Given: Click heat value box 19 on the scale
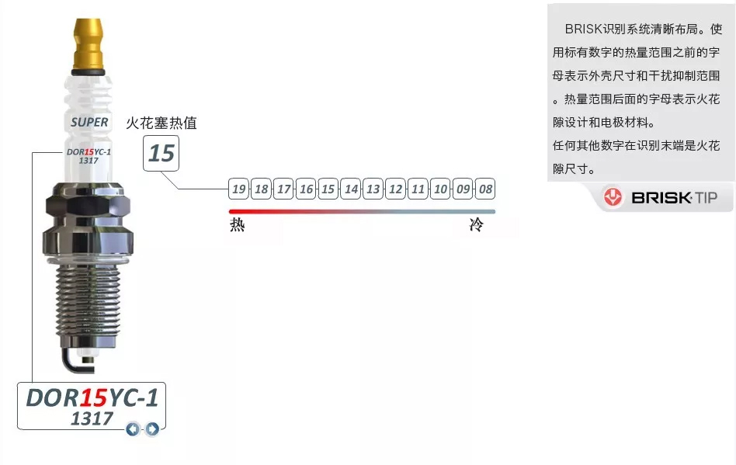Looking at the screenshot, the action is tap(238, 189).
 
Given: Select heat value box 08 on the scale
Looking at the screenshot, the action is tap(485, 189).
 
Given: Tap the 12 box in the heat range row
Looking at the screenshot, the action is tap(395, 189).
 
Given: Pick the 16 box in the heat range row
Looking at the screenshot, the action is tap(306, 189).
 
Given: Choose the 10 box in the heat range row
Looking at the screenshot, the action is tap(440, 189).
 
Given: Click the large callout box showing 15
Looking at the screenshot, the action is tap(161, 153).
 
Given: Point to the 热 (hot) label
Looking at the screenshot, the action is tap(238, 225).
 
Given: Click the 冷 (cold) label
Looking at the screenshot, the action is tap(477, 225).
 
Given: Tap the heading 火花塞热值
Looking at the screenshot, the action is tap(161, 123).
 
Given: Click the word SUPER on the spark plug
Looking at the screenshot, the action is tap(89, 123).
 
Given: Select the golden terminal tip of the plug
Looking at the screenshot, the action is tap(89, 44).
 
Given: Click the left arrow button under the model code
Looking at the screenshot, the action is tap(133, 429).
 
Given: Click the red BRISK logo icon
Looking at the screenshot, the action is tap(613, 197).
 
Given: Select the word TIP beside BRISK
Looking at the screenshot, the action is tap(706, 197).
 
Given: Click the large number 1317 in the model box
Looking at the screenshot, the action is tap(92, 418).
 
